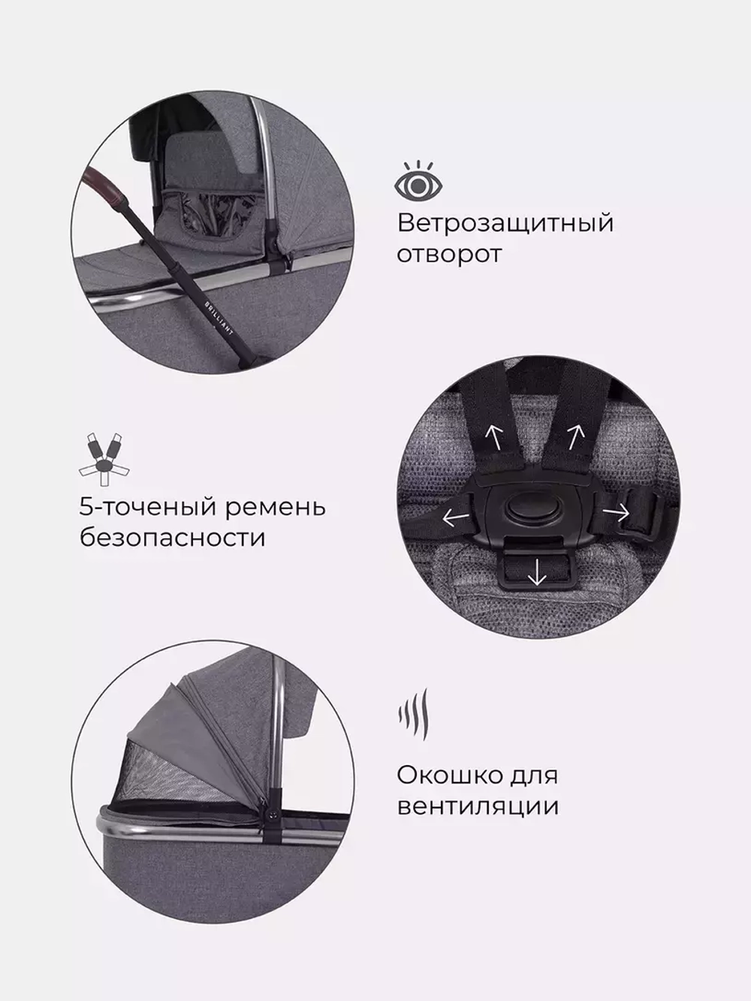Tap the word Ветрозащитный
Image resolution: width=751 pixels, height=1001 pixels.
click(505, 223)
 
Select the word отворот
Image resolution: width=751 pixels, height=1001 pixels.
click(448, 254)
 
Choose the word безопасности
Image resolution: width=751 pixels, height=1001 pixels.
click(172, 538)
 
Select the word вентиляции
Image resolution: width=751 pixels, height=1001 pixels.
click(477, 807)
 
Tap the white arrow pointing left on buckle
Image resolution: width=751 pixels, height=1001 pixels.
click(452, 517)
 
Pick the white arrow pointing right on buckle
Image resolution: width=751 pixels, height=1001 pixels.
click(617, 513)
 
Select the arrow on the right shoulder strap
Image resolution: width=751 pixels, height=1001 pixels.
click(575, 435)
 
